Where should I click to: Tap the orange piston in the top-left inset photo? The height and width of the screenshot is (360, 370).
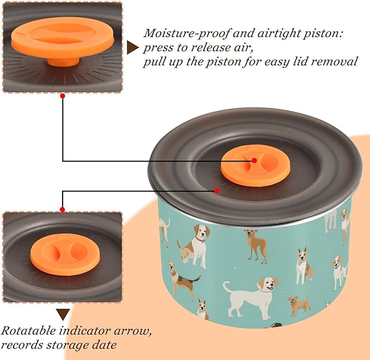pos(62,39)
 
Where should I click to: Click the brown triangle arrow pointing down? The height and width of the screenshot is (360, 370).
pos(63,314)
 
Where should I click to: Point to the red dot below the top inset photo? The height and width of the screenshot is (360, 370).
pos(63,96)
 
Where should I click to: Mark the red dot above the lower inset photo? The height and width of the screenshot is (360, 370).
pos(63,209)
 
